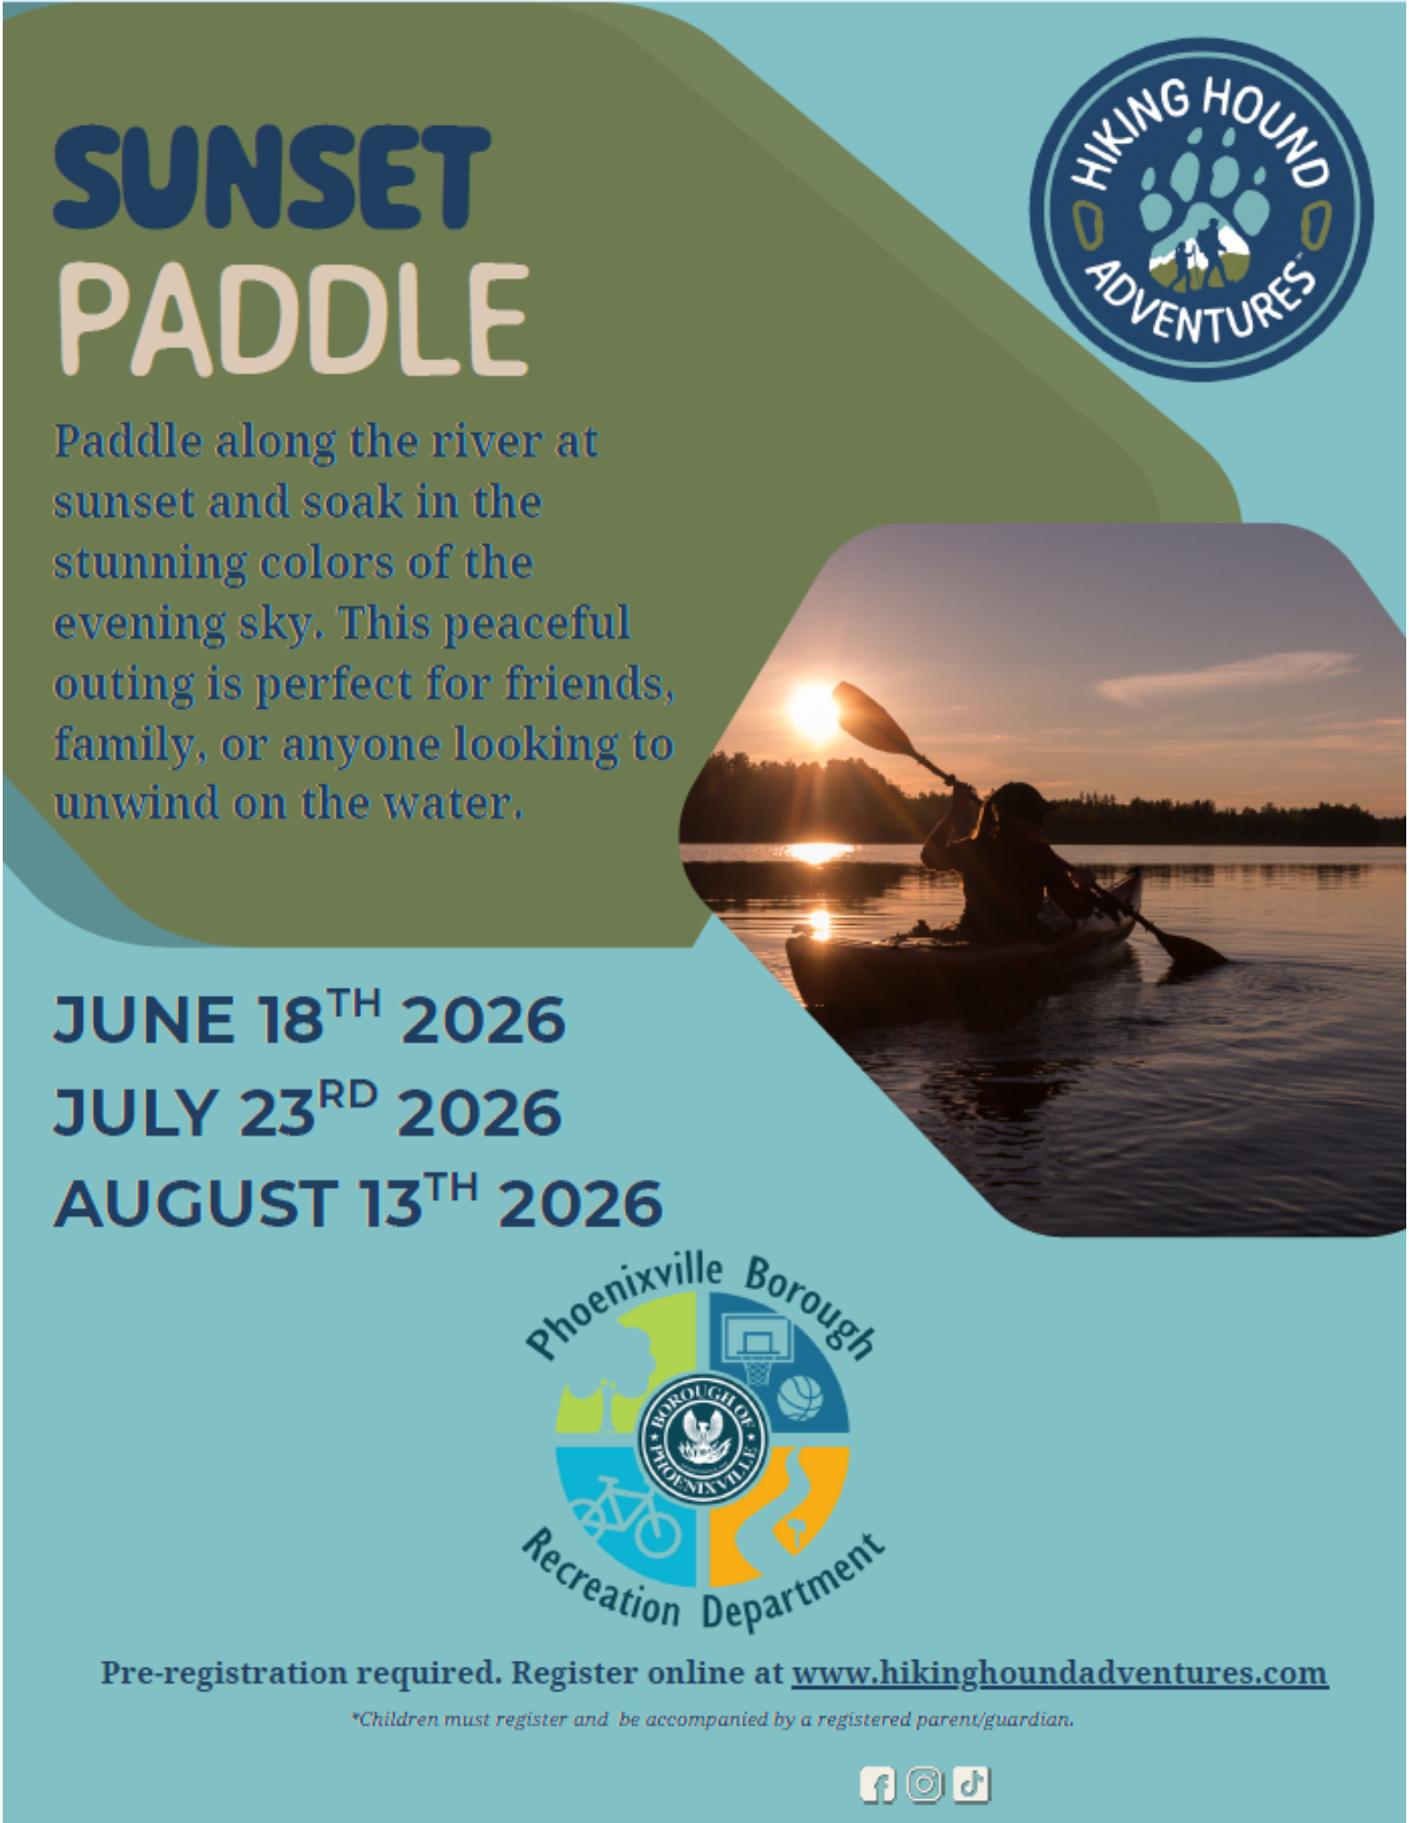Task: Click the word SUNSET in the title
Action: click(272, 177)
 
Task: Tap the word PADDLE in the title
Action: click(294, 320)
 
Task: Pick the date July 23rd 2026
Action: click(306, 1109)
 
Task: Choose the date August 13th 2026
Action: click(357, 1200)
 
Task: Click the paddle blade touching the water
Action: click(1191, 948)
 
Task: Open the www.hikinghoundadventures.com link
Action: click(1059, 1674)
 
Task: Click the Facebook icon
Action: click(877, 1785)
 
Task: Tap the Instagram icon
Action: click(925, 1784)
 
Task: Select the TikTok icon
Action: click(971, 1784)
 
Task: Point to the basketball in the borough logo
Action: click(800, 1397)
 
